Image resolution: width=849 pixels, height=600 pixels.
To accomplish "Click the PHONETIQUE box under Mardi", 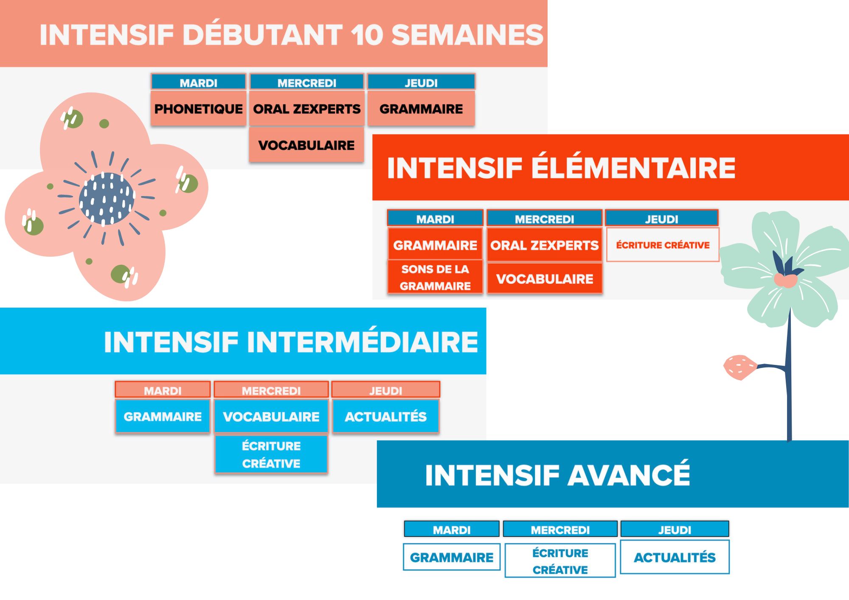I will point(198,109).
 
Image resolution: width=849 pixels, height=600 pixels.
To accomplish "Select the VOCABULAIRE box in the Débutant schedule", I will point(306,145).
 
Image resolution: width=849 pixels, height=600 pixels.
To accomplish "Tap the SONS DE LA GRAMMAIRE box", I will point(435,278).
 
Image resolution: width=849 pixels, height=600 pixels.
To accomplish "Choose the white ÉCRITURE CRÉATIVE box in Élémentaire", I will point(663,245).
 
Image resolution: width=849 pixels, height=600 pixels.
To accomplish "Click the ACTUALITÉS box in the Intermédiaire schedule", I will point(385,416).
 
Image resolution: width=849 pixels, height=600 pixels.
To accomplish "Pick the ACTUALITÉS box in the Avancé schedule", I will point(675,557).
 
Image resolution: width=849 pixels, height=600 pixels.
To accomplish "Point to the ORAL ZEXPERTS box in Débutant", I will point(306,109).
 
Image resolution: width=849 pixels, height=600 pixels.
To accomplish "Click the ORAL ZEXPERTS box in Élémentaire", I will point(544,245).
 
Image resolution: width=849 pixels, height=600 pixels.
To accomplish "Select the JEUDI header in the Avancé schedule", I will point(675,530).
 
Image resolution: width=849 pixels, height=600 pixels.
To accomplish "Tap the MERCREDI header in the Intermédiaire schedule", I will point(271,390).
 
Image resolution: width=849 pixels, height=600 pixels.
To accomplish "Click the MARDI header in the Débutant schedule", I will point(198,82).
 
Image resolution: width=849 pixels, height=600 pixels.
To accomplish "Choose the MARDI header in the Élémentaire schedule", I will point(435,219).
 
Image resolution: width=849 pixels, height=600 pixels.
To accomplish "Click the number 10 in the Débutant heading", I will point(367,35).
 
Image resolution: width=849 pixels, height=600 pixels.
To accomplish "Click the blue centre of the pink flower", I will point(106,199).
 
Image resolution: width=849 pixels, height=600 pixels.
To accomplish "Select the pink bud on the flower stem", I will point(739,367).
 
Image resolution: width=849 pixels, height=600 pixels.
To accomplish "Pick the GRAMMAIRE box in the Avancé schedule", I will point(452,557).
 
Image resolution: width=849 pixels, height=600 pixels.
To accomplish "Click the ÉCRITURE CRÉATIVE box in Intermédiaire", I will point(271,454).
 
